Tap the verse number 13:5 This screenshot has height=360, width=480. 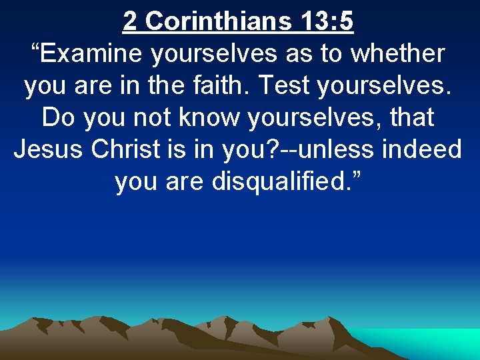[x=327, y=21]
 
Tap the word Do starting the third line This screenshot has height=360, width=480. [x=57, y=118]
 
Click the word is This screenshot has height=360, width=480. [x=181, y=149]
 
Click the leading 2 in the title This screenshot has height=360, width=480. [x=130, y=21]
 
